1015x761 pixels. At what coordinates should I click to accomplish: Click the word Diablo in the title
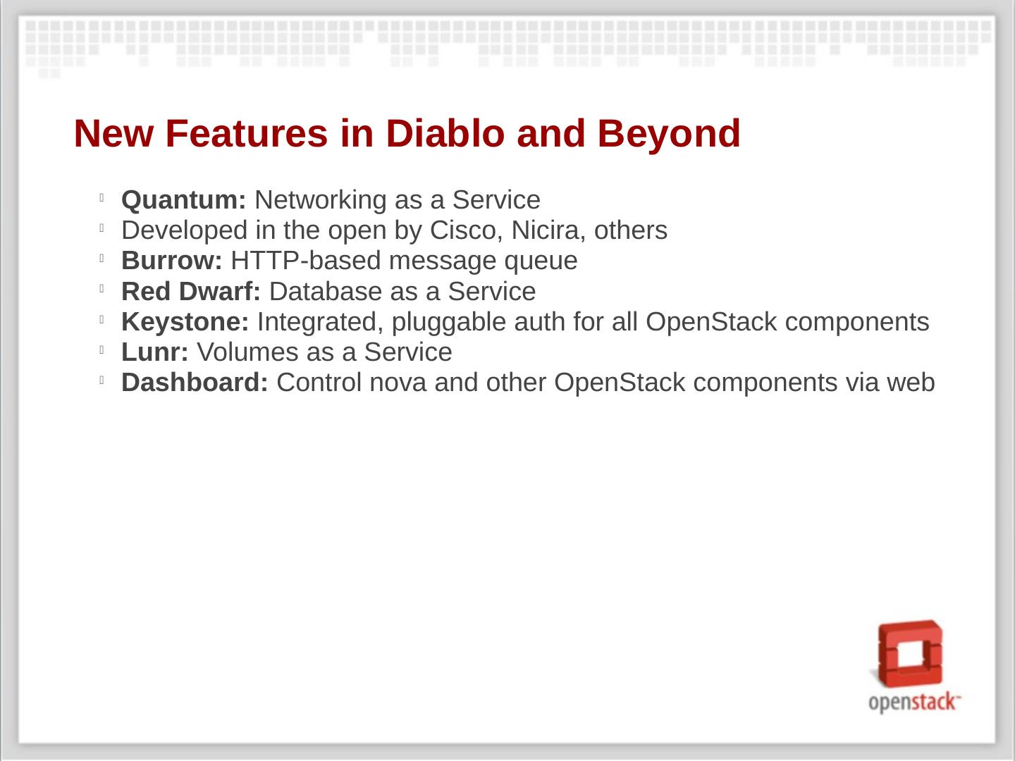[445, 134]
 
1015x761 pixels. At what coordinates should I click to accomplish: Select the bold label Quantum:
[183, 199]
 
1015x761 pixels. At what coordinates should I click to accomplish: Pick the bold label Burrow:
[171, 261]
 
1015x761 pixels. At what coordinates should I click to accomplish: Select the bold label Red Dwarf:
[190, 291]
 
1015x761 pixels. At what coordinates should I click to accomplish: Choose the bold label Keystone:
[185, 321]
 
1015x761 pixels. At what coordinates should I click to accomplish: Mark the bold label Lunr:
[155, 352]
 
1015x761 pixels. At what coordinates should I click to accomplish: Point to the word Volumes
[247, 352]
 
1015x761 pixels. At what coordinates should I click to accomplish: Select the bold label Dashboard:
[195, 383]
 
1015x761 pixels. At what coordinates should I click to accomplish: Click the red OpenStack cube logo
[909, 655]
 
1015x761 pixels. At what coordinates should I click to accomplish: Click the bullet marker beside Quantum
[101, 198]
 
